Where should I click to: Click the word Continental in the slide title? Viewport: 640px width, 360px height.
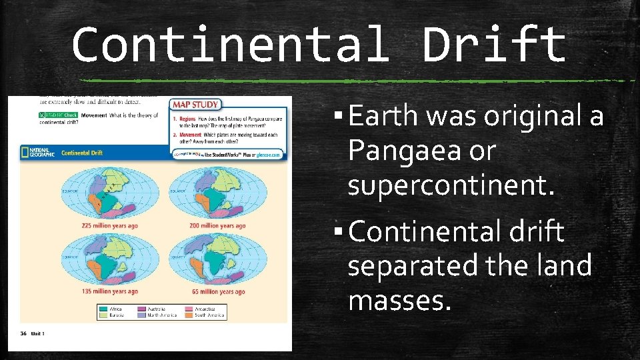click(x=229, y=45)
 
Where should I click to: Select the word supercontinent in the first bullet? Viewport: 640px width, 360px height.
click(x=451, y=186)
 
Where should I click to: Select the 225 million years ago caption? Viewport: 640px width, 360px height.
click(x=110, y=226)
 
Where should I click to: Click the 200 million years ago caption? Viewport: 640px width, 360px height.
click(x=217, y=226)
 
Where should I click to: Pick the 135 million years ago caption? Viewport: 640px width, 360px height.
click(x=110, y=291)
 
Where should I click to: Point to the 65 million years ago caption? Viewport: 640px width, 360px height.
click(x=217, y=291)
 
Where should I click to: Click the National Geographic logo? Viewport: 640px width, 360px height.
click(x=39, y=152)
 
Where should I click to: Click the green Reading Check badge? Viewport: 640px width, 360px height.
click(x=57, y=115)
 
